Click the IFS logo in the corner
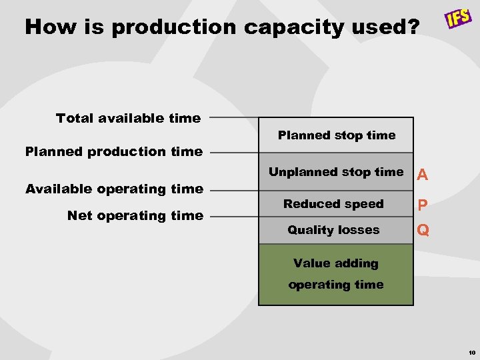pyautogui.click(x=459, y=17)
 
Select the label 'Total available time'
pyautogui.click(x=128, y=118)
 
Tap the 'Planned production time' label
pyautogui.click(x=113, y=151)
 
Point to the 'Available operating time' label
pyautogui.click(x=113, y=189)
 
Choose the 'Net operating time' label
pyautogui.click(x=135, y=215)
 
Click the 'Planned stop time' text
pyautogui.click(x=336, y=135)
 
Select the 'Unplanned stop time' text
pyautogui.click(x=336, y=172)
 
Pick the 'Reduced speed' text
pyautogui.click(x=333, y=204)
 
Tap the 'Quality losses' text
pyautogui.click(x=333, y=230)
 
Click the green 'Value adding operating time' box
pyautogui.click(x=336, y=275)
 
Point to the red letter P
pyautogui.click(x=421, y=205)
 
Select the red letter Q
pyautogui.click(x=422, y=231)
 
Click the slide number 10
pyautogui.click(x=471, y=352)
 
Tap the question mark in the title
pyautogui.click(x=413, y=27)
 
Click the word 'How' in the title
pyautogui.click(x=47, y=27)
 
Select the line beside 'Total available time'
pyautogui.click(x=233, y=117)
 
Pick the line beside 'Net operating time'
pyautogui.click(x=233, y=215)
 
